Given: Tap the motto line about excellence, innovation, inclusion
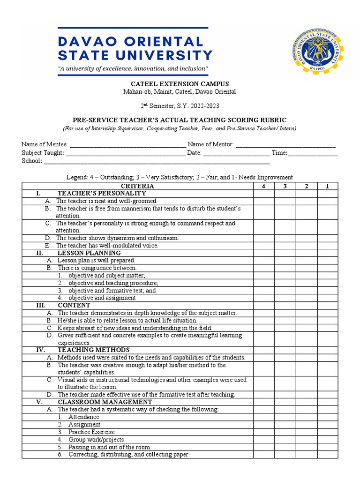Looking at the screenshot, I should (133, 69).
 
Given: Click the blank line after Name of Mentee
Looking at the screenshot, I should (127, 145).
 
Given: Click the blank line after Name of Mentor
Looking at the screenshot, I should (285, 145).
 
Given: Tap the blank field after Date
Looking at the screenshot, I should (236, 153).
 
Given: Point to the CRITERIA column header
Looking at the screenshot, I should (138, 186).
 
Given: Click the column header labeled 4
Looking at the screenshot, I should (264, 186).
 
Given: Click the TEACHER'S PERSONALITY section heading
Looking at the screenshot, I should (102, 193).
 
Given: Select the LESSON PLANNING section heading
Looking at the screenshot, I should (89, 253).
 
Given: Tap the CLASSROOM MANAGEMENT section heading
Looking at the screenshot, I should (105, 402).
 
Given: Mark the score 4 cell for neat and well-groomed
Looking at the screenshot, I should (264, 201).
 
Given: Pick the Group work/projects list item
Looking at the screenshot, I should (96, 440).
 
